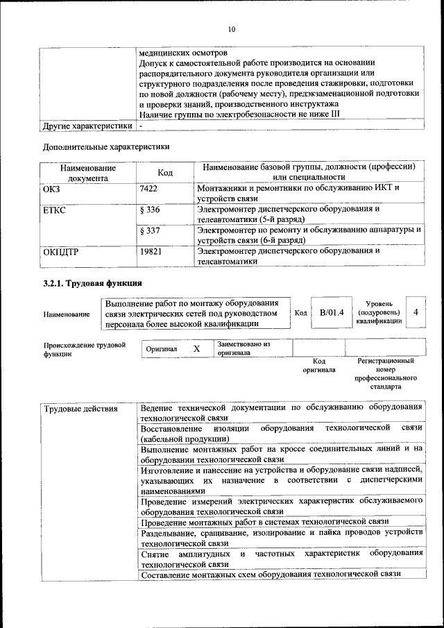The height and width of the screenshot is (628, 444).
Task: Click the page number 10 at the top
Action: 232,28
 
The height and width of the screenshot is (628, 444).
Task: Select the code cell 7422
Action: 149,189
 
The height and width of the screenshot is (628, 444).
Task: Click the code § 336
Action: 150,210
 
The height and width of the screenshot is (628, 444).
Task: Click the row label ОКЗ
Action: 52,189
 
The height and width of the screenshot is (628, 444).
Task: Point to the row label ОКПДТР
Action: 61,251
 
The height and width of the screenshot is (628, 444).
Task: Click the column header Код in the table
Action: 165,172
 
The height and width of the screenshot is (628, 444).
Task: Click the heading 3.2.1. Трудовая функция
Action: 92,283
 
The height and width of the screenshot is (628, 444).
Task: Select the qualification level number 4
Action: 415,313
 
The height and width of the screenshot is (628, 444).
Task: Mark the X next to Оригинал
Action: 196,348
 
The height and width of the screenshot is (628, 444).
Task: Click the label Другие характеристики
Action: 87,127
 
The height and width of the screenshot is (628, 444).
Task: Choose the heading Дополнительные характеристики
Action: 106,146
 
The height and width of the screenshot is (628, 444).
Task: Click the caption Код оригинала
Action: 319,365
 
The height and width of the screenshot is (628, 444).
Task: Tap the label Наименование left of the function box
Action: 67,314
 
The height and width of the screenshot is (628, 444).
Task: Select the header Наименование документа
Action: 87,172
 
